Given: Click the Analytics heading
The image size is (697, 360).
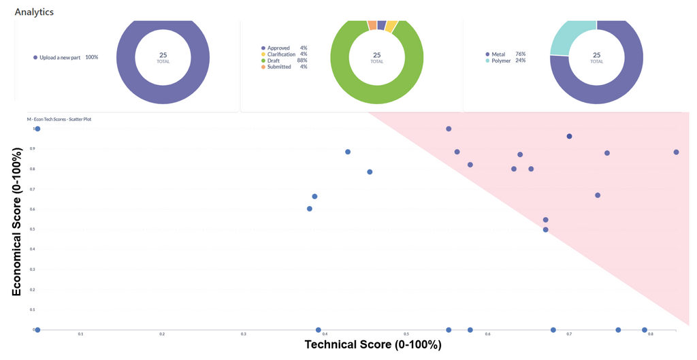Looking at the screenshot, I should coord(34,12).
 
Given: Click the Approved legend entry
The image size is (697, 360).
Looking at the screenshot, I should coord(278,48).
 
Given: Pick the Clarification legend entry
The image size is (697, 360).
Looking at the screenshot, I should coord(281,54).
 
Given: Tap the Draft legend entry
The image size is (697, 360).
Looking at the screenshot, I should coord(274,61).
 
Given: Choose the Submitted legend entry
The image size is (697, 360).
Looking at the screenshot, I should coord(279,67).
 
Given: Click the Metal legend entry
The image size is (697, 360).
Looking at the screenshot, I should coord(499,54).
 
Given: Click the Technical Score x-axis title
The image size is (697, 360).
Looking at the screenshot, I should coord(373,345).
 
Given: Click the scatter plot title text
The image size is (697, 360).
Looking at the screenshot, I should coord(59,119).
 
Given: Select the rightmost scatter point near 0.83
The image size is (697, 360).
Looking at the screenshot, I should coord(676,152).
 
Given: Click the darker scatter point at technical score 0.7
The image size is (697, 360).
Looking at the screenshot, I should coord(569,136).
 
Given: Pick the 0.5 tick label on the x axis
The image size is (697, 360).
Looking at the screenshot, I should coord(406,334).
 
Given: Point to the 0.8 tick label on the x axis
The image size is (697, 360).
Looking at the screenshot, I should coord(650,334).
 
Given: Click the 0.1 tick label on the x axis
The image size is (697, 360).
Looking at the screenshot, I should coord(80,334).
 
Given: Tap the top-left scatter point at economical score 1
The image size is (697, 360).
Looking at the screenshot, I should coord(37,129).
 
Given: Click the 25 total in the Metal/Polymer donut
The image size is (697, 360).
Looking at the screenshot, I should coord(597,55).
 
